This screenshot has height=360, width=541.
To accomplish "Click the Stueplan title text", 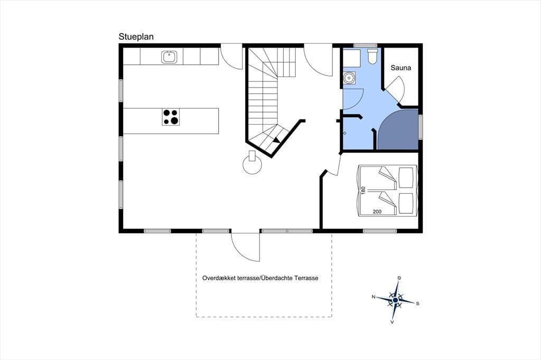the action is (136, 37).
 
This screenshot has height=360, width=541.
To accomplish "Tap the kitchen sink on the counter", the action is (169, 57).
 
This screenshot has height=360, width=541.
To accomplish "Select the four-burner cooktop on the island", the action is (171, 117).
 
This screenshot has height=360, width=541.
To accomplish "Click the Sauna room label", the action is (400, 68).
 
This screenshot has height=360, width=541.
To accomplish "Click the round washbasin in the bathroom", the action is (349, 78).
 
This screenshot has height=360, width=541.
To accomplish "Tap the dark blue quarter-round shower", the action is (398, 130).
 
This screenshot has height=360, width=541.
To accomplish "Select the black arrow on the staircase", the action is (276, 140).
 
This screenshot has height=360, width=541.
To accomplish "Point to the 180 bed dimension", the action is (362, 191).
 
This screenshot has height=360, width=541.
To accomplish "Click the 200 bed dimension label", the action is (377, 211).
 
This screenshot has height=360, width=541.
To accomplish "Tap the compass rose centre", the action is (395, 300).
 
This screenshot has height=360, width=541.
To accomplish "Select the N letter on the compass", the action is (374, 297).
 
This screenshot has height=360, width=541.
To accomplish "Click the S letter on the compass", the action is (417, 304).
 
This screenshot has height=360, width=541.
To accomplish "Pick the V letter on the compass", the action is (393, 322).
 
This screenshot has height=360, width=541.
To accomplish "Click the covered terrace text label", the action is (260, 278).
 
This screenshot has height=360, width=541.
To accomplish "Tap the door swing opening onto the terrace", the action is (245, 247).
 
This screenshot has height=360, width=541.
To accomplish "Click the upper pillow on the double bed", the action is (406, 178).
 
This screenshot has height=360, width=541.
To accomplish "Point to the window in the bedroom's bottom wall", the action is (380, 231).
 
